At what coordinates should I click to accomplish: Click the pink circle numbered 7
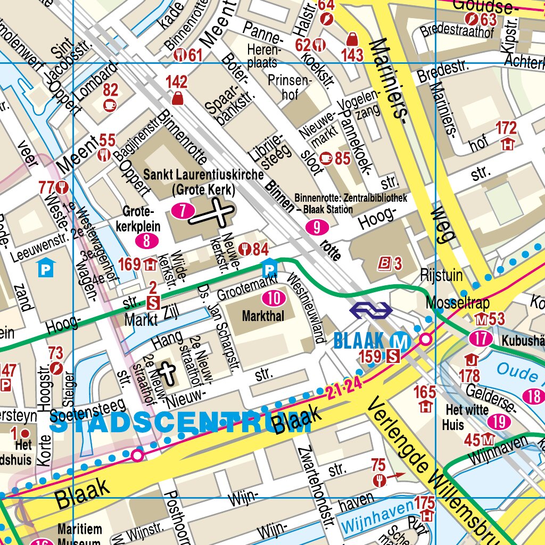(183, 211)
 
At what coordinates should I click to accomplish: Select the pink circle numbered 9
(317, 228)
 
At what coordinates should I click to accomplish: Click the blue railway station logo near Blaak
(370, 310)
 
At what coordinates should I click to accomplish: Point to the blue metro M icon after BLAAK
(400, 341)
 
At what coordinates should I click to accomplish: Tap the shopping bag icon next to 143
(352, 39)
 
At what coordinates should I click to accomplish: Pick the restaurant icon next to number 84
(245, 249)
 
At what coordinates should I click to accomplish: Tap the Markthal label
(263, 316)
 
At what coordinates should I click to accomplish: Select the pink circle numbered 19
(499, 422)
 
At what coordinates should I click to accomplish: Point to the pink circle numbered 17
(481, 338)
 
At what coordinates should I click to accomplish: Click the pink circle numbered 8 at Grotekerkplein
(147, 241)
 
